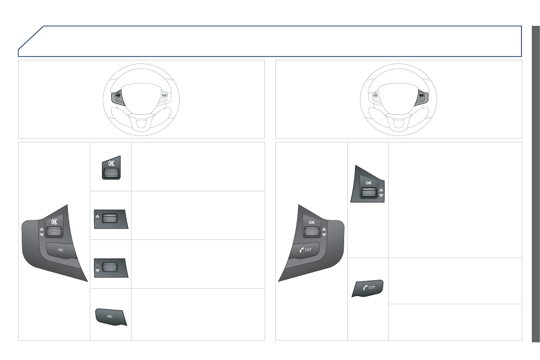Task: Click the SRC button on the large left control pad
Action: [61, 250]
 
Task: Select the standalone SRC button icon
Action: [111, 317]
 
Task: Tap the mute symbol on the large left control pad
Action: [54, 222]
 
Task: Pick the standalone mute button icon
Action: [111, 168]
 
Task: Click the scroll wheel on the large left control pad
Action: [54, 232]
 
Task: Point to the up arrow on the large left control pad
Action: [42, 229]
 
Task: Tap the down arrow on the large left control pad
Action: [42, 234]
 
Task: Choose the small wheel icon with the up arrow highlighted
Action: [111, 219]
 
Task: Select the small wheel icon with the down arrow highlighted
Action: [111, 268]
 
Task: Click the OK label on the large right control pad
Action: [311, 222]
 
